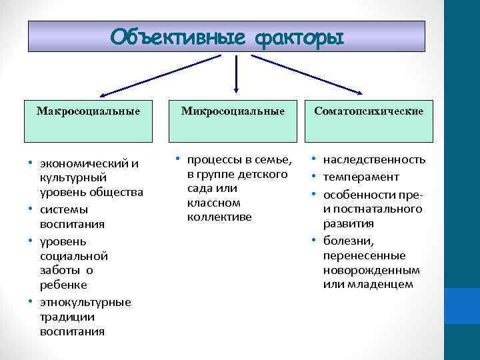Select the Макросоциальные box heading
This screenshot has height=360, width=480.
pyautogui.click(x=89, y=111)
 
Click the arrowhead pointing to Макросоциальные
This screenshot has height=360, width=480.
pyautogui.click(x=103, y=95)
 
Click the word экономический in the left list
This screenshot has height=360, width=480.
pyautogui.click(x=83, y=164)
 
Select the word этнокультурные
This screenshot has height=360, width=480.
pyautogui.click(x=85, y=302)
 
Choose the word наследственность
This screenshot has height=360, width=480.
pyautogui.click(x=374, y=160)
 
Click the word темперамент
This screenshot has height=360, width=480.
pyautogui.click(x=361, y=177)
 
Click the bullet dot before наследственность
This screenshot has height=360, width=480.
pyautogui.click(x=313, y=160)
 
